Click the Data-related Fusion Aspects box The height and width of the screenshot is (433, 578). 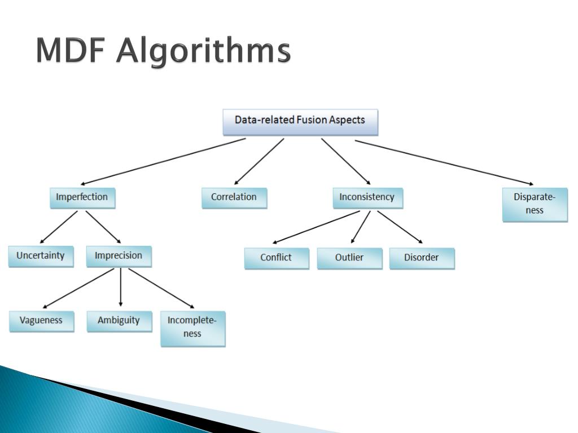click(300, 122)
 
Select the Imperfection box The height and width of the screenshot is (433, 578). click(82, 198)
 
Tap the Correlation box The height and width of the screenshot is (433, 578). click(234, 198)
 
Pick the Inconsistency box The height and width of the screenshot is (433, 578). click(368, 198)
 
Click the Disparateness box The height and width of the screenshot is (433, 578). click(535, 205)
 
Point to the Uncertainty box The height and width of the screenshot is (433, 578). click(41, 257)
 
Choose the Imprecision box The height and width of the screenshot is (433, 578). click(119, 257)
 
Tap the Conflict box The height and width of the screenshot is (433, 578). click(277, 258)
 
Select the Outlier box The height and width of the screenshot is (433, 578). click(349, 258)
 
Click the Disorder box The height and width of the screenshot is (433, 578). click(422, 258)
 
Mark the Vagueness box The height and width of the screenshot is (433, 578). click(41, 321)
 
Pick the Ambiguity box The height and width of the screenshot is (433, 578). click(120, 321)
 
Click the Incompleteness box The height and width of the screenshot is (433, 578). click(193, 329)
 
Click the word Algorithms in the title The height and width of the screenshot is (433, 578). click(203, 51)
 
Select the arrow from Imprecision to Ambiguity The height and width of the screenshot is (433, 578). click(121, 287)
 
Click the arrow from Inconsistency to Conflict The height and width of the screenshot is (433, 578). click(316, 227)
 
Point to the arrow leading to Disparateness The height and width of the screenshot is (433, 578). click(444, 162)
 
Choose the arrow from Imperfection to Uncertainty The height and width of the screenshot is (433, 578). click(59, 227)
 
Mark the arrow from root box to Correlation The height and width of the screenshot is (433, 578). click(259, 161)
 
